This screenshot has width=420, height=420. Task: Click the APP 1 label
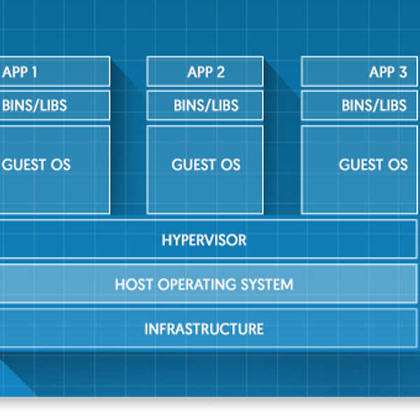(x=20, y=72)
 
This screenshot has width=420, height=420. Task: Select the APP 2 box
(x=205, y=71)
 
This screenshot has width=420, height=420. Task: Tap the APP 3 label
(x=388, y=72)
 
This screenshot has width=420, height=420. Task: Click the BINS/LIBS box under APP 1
(x=55, y=105)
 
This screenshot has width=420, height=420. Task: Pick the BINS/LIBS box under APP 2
(x=205, y=105)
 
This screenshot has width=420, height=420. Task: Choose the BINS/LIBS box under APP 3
(x=359, y=105)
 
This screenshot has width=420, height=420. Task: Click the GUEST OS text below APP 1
(x=36, y=164)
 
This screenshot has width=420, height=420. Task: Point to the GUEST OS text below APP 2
(x=206, y=164)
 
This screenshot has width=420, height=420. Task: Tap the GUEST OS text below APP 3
(x=373, y=164)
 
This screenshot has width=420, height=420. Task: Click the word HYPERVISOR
(x=204, y=240)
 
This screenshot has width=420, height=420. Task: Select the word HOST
(x=134, y=284)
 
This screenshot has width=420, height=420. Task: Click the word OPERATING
(x=197, y=284)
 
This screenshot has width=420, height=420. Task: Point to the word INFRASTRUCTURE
(x=204, y=329)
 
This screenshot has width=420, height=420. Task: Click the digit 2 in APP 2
(x=220, y=72)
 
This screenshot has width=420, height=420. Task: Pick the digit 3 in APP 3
(x=403, y=72)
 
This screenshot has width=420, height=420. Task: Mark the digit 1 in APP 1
(x=34, y=72)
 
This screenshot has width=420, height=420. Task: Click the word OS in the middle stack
(x=230, y=164)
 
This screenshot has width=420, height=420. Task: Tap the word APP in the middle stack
(x=199, y=72)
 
